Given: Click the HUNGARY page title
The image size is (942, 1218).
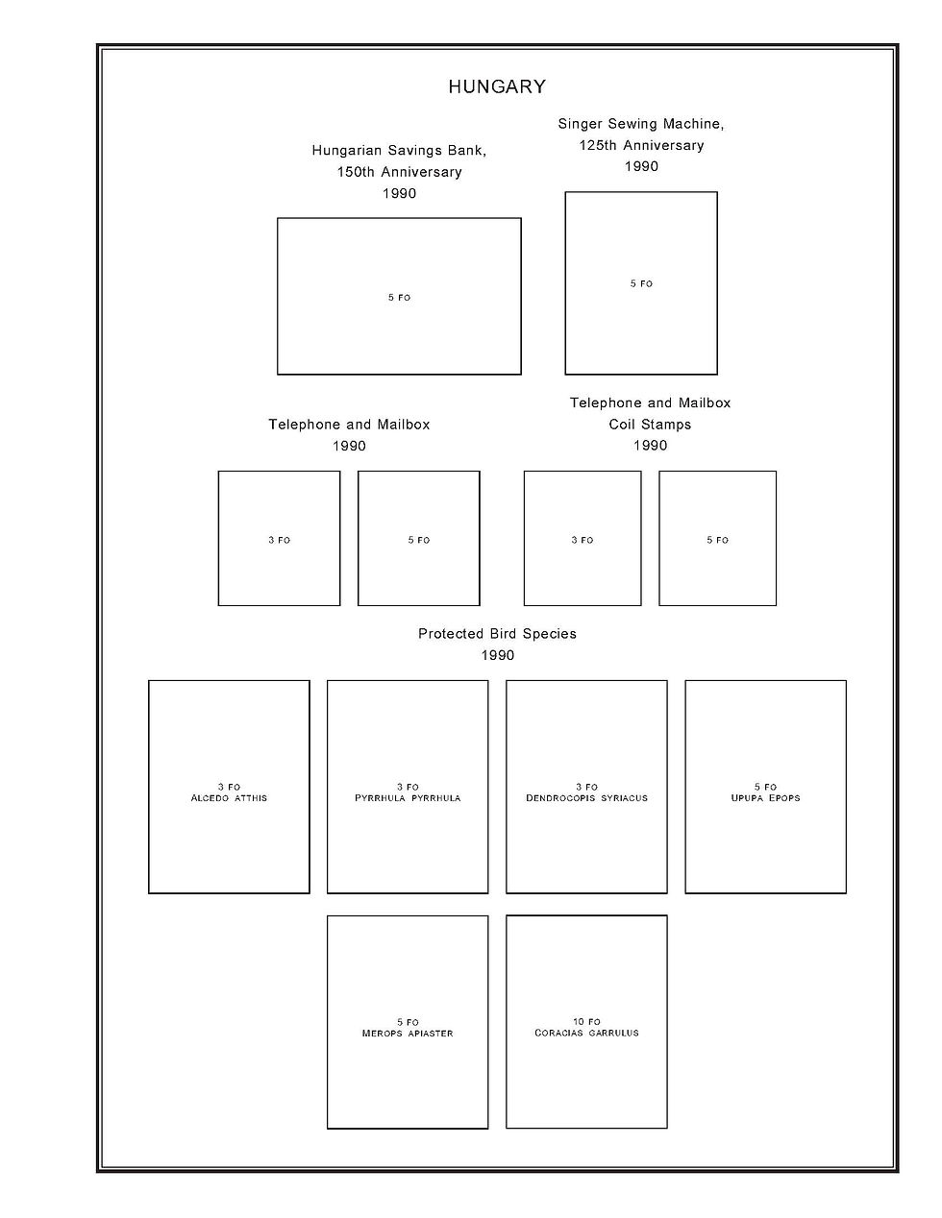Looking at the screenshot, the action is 497,87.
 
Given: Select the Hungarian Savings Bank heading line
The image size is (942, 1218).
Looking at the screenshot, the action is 399,151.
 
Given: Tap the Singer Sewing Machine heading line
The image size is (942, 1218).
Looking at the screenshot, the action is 641,124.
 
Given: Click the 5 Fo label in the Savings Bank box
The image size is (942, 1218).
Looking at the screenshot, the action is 399,298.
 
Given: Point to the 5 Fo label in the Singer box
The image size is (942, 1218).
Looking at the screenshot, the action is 641,283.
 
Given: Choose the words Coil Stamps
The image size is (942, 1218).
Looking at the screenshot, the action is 650,425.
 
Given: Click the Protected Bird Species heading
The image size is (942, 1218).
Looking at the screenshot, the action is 497,634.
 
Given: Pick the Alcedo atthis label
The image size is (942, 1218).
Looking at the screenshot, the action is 229,798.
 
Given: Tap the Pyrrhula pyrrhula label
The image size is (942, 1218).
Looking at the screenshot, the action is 408,798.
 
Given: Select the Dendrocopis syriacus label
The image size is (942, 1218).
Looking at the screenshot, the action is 586,798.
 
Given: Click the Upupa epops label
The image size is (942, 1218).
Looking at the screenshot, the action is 765,798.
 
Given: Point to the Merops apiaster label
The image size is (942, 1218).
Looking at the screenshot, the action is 408,1034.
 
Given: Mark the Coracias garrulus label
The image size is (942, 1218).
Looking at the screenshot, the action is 586,1034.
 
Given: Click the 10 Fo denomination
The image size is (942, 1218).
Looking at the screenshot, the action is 586,1022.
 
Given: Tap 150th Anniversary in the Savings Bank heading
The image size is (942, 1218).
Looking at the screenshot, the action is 399,173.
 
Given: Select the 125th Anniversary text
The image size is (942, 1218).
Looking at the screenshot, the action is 641,146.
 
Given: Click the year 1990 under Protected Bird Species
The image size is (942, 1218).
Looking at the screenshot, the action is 497,656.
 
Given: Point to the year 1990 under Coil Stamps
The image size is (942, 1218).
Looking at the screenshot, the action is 650,446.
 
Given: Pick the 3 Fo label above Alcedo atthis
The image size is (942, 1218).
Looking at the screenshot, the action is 229,788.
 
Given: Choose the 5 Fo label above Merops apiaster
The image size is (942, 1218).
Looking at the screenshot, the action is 408,1022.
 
